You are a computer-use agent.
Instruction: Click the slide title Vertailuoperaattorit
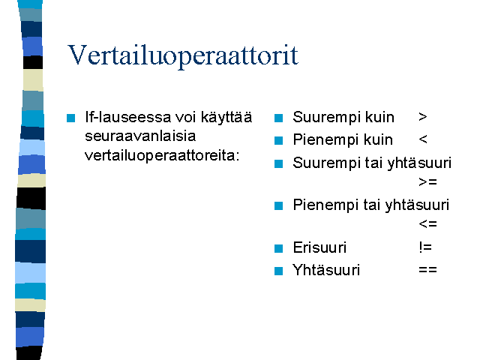pos(183,55)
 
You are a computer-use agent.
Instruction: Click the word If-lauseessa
pos(128,117)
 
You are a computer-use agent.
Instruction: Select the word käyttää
pos(226,118)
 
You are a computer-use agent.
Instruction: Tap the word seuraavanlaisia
pos(140,136)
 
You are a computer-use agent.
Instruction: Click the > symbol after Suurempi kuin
pos(423,117)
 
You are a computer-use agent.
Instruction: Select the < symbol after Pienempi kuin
pos(423,139)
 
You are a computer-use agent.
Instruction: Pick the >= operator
pos(427,182)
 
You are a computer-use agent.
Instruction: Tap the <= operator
pos(427,224)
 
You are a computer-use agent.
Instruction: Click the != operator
pos(425,247)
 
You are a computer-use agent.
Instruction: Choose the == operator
pos(427,270)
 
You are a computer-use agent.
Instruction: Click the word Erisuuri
pos(319,247)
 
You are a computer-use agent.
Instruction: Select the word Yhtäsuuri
pos(326,270)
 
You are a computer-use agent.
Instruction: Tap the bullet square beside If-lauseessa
pos(70,118)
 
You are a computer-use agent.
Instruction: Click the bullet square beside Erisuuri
pos(278,248)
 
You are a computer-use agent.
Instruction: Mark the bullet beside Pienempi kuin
pos(278,140)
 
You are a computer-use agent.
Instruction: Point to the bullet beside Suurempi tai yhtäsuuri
pos(278,163)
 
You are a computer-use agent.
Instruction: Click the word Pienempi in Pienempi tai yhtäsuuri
pos(325,205)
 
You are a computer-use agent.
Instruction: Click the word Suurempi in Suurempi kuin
pos(325,118)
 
